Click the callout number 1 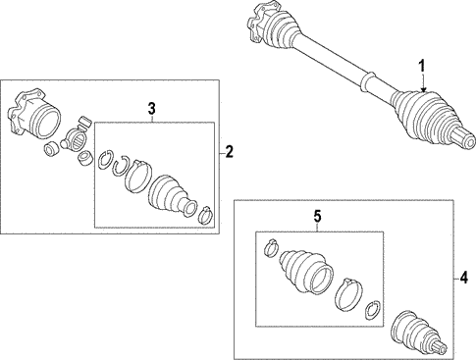422,66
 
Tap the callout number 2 230,152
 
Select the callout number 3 151,109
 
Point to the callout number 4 464,279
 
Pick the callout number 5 318,217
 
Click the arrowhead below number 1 423,89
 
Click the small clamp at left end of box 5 271,248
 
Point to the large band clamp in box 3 137,175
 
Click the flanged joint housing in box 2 34,114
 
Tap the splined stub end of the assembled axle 463,139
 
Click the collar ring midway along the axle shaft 367,81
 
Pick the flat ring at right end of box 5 372,310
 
